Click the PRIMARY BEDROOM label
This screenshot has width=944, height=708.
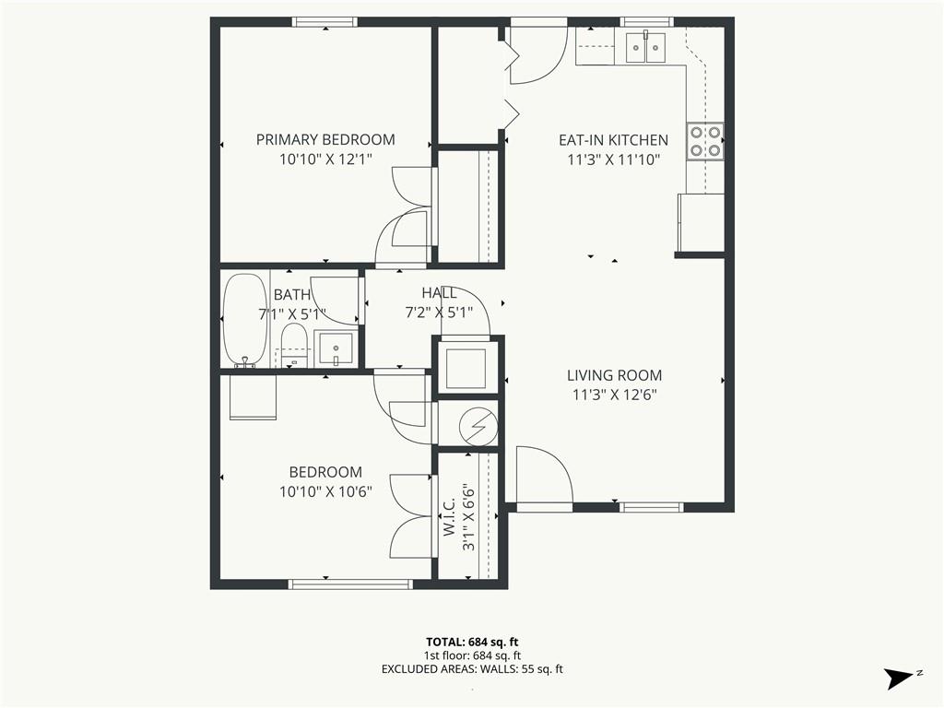click(x=325, y=140)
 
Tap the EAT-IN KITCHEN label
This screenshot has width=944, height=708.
click(x=613, y=140)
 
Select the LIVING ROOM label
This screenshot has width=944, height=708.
click(x=614, y=376)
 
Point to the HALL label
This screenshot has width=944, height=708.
click(x=439, y=293)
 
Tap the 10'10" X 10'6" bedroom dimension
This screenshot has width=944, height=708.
click(x=325, y=492)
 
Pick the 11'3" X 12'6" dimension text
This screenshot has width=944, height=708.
click(x=614, y=395)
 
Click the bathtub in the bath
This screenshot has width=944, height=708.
click(x=245, y=320)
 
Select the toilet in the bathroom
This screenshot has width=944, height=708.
click(x=294, y=346)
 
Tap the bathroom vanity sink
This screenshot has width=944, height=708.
click(x=336, y=348)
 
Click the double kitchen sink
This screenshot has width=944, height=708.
click(x=645, y=48)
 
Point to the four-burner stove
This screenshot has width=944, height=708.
click(x=705, y=140)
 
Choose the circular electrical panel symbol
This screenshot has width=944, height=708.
click(x=478, y=426)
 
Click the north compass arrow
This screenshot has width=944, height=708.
click(x=899, y=678)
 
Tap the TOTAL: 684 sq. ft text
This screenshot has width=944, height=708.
click(x=472, y=643)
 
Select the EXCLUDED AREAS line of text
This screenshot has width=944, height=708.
click(x=472, y=669)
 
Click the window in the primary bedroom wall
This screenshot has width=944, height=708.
click(x=325, y=22)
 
